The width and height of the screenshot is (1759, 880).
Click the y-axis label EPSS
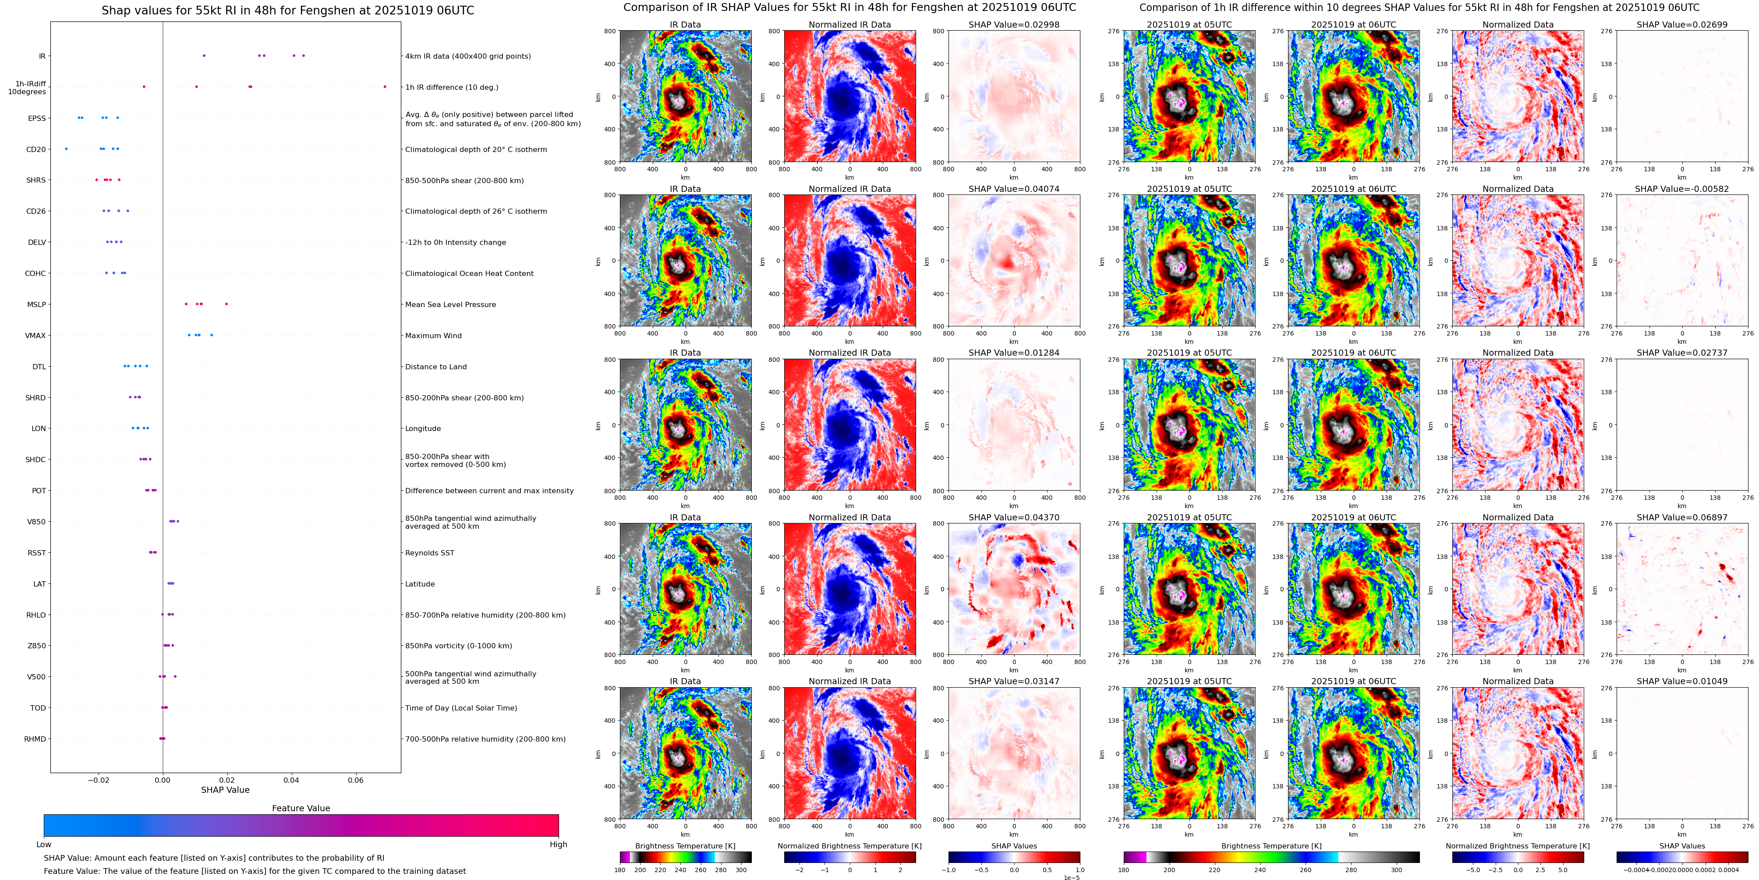pyautogui.click(x=37, y=118)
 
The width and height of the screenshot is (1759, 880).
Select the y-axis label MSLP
pyautogui.click(x=36, y=304)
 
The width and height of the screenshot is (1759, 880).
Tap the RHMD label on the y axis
pyautogui.click(x=35, y=739)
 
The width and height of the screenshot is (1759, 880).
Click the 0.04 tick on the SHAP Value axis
pyautogui.click(x=292, y=780)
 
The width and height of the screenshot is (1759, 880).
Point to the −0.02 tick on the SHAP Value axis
pyautogui.click(x=98, y=780)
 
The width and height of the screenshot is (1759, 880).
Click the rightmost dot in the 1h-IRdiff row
pyautogui.click(x=385, y=87)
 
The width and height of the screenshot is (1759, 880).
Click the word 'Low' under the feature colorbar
pyautogui.click(x=44, y=845)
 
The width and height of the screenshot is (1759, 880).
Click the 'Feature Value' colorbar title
pyautogui.click(x=301, y=808)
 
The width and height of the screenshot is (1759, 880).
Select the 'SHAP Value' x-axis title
pyautogui.click(x=225, y=790)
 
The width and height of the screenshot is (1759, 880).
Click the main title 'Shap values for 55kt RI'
pyautogui.click(x=287, y=10)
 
